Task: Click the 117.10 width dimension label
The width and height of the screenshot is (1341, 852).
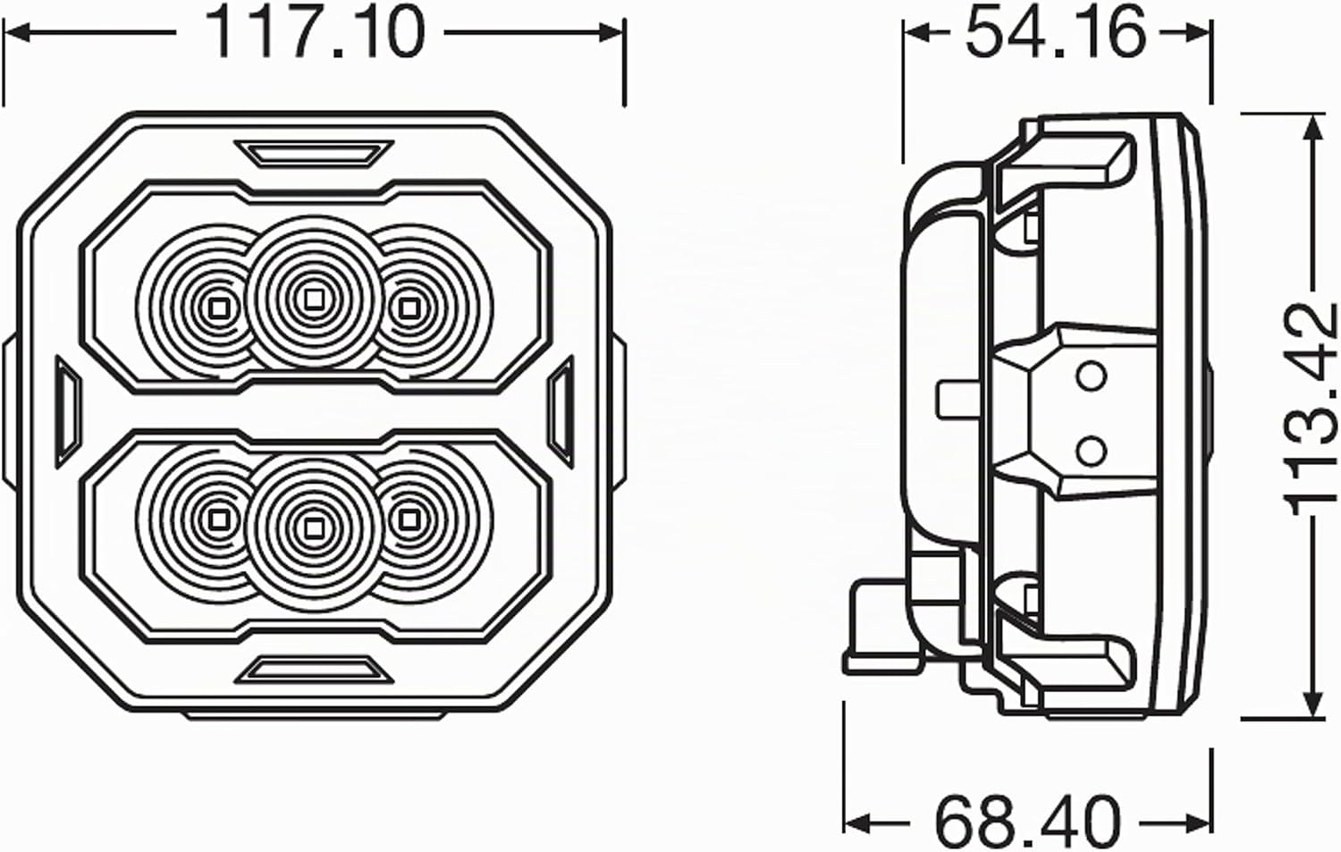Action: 315,34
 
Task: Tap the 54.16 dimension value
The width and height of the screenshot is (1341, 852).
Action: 1056,34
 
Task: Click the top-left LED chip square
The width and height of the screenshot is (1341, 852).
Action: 218,309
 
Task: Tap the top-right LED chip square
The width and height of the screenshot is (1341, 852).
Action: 409,309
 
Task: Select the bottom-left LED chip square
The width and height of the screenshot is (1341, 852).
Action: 218,518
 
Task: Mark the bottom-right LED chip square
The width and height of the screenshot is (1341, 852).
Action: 409,518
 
